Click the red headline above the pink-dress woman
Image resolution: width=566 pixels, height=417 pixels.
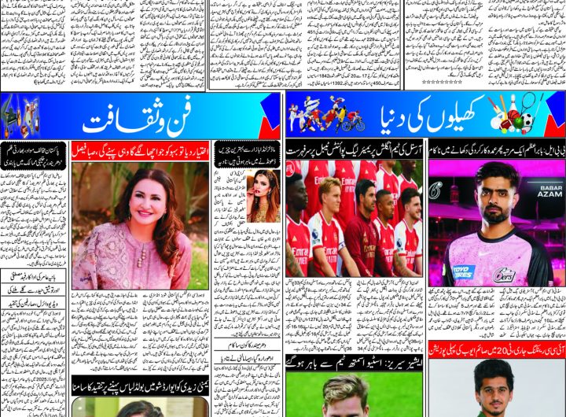pyautogui.click(x=140, y=148)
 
